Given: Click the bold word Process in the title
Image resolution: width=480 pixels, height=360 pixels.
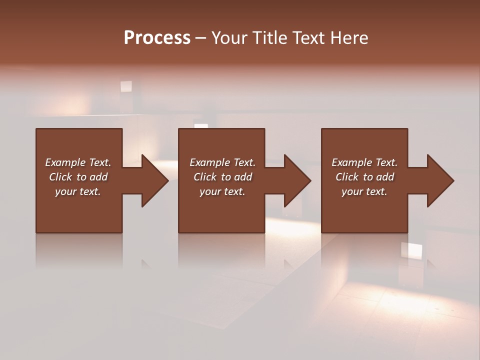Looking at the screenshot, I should (157, 38).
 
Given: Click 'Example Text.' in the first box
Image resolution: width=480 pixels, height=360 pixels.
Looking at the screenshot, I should (78, 162).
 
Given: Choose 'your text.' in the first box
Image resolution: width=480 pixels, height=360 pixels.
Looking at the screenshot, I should (78, 191).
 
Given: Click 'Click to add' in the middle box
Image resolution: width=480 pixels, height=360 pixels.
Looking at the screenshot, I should (222, 177).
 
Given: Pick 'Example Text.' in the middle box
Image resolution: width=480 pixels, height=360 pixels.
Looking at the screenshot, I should (222, 162).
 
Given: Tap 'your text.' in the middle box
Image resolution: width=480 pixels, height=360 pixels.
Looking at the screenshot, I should (222, 191).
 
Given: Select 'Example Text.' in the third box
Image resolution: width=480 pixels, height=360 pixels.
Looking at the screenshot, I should (364, 162).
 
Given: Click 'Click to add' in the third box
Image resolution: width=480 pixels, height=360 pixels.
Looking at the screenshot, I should (364, 177).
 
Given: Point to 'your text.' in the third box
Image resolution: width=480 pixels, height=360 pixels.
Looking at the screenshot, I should (364, 191).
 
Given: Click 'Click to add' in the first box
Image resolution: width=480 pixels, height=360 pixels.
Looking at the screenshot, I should (78, 177).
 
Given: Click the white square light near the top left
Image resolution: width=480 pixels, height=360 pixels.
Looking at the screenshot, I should (126, 86).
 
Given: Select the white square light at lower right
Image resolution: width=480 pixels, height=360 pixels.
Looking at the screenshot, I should (411, 250).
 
